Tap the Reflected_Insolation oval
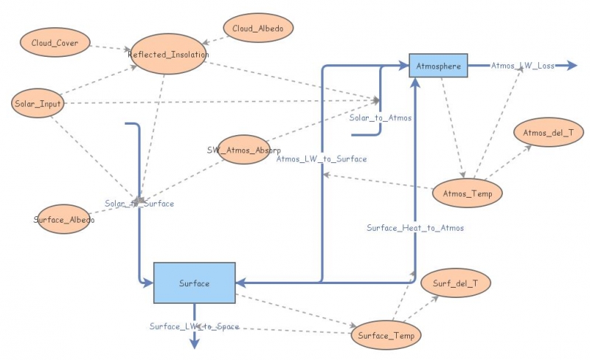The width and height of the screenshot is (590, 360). click(x=169, y=55)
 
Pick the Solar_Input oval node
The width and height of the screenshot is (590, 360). click(x=38, y=103)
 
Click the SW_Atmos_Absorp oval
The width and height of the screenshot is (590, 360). click(x=243, y=150)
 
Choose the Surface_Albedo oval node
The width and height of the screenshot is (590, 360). click(x=64, y=219)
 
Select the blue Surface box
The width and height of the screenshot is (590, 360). click(x=194, y=283)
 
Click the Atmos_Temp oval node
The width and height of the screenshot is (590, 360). click(x=468, y=193)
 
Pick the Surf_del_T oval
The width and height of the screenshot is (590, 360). click(x=455, y=283)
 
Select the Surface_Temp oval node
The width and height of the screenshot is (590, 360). click(x=386, y=336)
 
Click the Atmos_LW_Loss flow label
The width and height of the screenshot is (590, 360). click(x=523, y=66)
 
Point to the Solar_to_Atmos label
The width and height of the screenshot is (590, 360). click(x=381, y=118)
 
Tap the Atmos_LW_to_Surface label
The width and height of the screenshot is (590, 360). click(x=321, y=159)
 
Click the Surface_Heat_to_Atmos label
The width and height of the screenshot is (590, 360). click(x=415, y=228)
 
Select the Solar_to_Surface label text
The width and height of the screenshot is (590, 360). click(x=139, y=204)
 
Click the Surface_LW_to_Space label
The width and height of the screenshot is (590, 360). click(x=194, y=326)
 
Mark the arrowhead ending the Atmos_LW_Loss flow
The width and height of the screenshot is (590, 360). click(x=571, y=66)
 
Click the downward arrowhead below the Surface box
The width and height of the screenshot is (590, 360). click(x=194, y=343)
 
